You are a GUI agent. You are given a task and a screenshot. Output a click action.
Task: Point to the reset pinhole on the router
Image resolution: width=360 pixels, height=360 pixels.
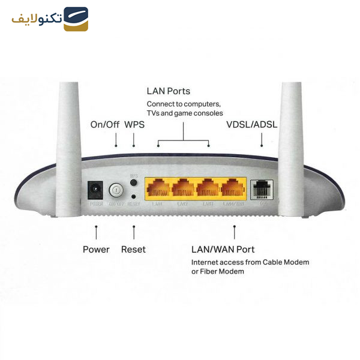tap(133, 196)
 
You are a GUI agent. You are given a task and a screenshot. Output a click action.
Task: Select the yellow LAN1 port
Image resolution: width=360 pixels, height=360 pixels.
tap(158, 189)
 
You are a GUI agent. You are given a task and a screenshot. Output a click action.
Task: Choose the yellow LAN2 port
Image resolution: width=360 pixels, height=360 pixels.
tap(183, 189)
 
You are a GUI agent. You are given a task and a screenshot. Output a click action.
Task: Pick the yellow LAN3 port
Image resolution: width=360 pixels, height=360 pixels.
tap(208, 189)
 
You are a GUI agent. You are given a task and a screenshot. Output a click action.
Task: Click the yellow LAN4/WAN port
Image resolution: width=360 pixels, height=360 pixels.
tap(233, 189)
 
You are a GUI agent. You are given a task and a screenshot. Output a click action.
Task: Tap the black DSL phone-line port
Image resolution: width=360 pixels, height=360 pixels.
tap(262, 189)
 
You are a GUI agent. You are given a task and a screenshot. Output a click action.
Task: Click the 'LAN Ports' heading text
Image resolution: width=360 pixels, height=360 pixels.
tap(169, 91)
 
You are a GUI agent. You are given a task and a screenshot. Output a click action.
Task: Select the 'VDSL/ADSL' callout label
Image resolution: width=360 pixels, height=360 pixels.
tap(251, 125)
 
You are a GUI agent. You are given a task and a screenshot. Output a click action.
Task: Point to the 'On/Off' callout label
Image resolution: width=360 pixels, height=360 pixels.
tap(105, 125)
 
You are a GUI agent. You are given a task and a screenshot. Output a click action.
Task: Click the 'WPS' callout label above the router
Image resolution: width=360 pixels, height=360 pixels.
tap(134, 125)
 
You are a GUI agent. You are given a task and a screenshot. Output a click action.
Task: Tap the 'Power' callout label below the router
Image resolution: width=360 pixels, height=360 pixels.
tap(96, 249)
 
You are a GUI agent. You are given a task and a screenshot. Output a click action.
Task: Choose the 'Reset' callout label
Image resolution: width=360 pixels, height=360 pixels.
tap(133, 249)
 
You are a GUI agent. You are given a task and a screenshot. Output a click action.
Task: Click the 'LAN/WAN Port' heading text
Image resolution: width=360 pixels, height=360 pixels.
tap(223, 249)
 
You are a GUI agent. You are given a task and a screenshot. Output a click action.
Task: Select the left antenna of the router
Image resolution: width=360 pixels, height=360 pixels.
tap(70, 150)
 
